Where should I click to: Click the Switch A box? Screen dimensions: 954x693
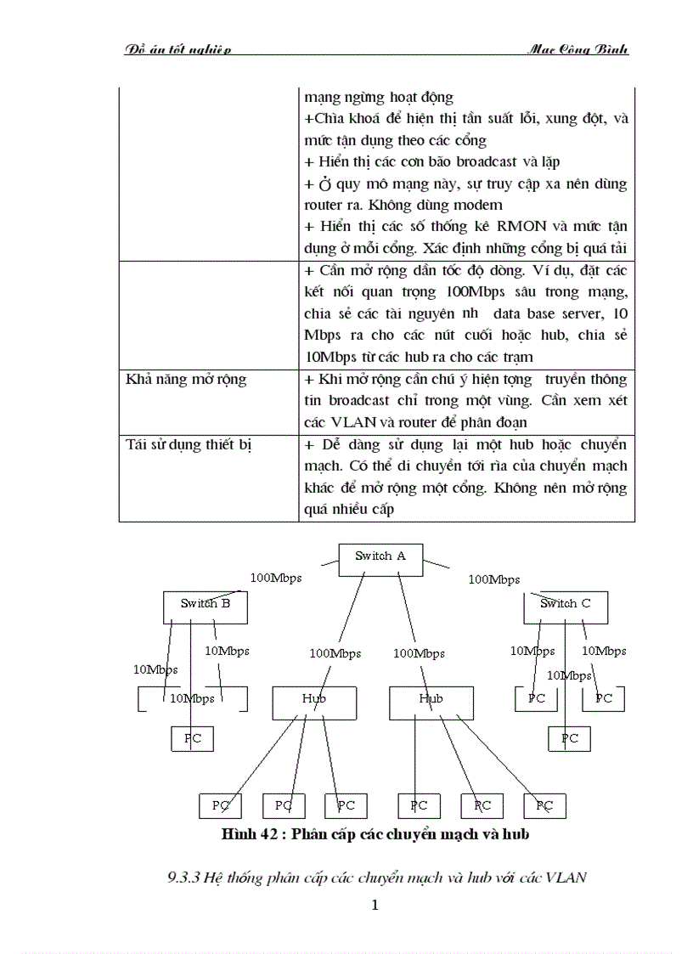click(380, 556)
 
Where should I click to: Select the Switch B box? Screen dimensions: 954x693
click(205, 604)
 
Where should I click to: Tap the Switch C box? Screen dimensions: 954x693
click(565, 604)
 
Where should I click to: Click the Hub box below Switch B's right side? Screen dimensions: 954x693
click(313, 699)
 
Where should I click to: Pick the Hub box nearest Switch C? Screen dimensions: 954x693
click(431, 699)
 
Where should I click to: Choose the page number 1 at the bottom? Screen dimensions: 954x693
click(375, 905)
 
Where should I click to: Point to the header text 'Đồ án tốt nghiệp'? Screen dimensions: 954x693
click(177, 49)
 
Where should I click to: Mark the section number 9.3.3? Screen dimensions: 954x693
click(183, 878)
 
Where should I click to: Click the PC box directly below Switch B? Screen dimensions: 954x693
click(193, 739)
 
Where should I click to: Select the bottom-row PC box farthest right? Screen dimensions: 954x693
click(544, 805)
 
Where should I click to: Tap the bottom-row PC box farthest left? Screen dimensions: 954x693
click(220, 805)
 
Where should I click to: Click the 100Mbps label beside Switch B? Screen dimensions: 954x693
click(275, 578)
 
